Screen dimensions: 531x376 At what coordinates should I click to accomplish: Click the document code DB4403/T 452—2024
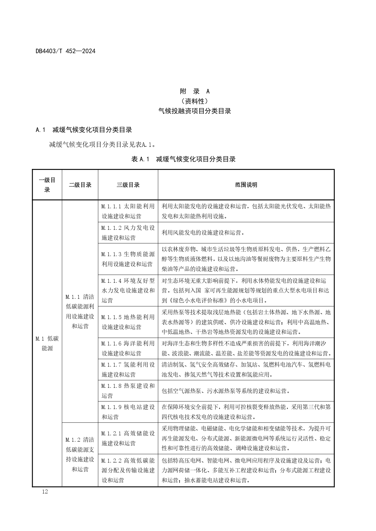pyautogui.click(x=65, y=51)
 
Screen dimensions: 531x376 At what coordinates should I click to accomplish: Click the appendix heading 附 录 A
pyautogui.click(x=195, y=91)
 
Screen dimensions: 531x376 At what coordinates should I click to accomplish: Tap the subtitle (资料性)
pyautogui.click(x=195, y=101)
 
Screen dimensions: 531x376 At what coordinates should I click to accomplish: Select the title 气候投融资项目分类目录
pyautogui.click(x=195, y=111)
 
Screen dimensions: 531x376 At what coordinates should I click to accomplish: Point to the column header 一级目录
pyautogui.click(x=47, y=185)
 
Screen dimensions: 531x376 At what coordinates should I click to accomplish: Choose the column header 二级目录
pyautogui.click(x=80, y=185)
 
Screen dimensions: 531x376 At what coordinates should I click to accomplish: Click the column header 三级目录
pyautogui.click(x=128, y=185)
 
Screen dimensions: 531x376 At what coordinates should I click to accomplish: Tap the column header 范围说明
pyautogui.click(x=246, y=185)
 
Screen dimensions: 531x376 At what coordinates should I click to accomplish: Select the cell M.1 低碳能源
pyautogui.click(x=47, y=343)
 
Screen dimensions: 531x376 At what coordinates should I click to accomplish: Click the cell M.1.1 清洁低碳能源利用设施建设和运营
pyautogui.click(x=80, y=311)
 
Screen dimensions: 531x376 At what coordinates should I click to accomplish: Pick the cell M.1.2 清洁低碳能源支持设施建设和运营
pyautogui.click(x=80, y=454)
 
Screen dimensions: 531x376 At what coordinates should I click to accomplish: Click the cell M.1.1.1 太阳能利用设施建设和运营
pyautogui.click(x=128, y=211)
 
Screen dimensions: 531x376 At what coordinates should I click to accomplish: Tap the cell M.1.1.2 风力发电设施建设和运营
pyautogui.click(x=128, y=233)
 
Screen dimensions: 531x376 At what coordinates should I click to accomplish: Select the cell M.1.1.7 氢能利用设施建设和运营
pyautogui.click(x=128, y=369)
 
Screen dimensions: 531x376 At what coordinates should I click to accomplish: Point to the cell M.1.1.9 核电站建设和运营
pyautogui.click(x=128, y=412)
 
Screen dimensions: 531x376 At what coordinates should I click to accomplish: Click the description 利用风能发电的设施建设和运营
pyautogui.click(x=203, y=233)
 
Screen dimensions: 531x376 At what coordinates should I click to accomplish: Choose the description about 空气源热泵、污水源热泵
pyautogui.click(x=226, y=391)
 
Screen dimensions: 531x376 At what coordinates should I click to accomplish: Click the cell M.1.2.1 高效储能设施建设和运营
pyautogui.click(x=128, y=438)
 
